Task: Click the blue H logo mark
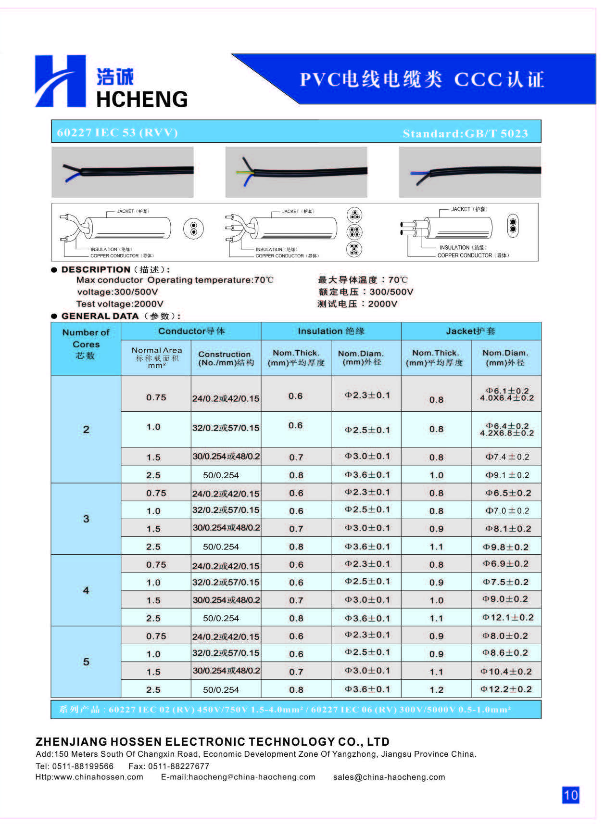click(x=60, y=81)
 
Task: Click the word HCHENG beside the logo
click(x=142, y=99)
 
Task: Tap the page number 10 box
click(x=570, y=795)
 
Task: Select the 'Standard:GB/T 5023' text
click(x=465, y=133)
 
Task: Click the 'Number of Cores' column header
click(x=86, y=344)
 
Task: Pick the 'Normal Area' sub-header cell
click(x=157, y=357)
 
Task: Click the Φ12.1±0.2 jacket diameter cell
click(x=507, y=617)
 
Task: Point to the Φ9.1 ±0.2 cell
click(x=507, y=475)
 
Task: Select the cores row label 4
click(x=86, y=590)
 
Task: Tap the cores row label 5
click(x=86, y=662)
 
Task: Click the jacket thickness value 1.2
click(x=436, y=689)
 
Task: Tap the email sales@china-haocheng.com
click(x=389, y=777)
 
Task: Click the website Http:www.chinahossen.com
click(x=89, y=777)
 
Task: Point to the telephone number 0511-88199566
click(x=83, y=766)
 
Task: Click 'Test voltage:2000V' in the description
click(x=120, y=304)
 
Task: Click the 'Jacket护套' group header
click(x=470, y=331)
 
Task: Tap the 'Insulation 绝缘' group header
click(x=331, y=331)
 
